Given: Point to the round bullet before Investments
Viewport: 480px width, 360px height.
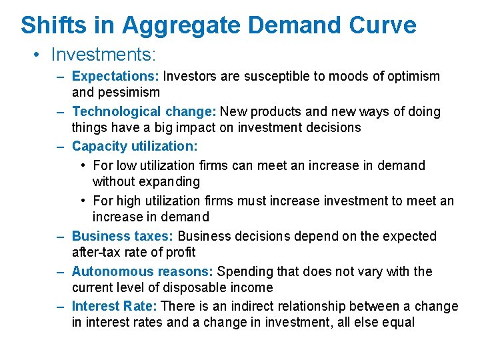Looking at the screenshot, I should pyautogui.click(x=37, y=53).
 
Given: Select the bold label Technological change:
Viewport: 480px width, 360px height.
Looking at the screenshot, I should pyautogui.click(x=144, y=111).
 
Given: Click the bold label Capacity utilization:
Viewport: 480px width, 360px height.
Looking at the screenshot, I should pyautogui.click(x=135, y=145).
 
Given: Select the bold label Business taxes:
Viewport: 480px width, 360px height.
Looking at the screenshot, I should pyautogui.click(x=123, y=236).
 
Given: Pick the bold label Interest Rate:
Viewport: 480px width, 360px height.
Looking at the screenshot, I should pyautogui.click(x=115, y=306).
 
